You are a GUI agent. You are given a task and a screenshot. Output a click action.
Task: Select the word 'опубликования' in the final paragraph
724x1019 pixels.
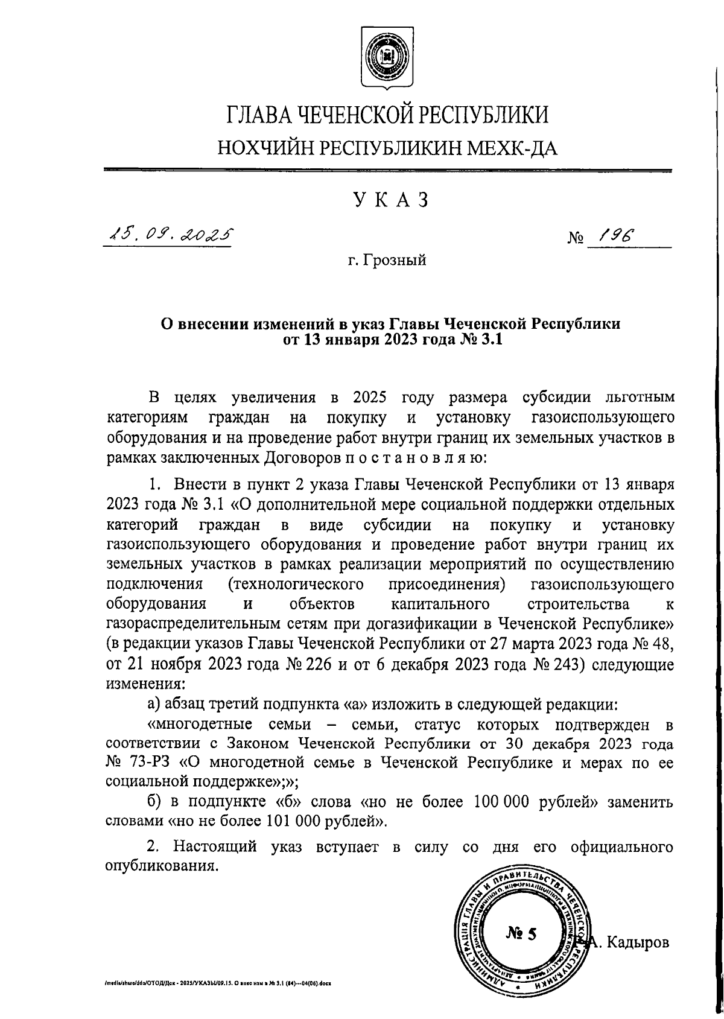[x=160, y=866]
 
